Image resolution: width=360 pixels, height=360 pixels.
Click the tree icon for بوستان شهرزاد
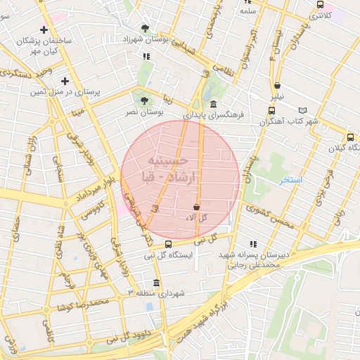tap(145, 28)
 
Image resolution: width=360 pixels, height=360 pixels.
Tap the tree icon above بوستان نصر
tap(145, 100)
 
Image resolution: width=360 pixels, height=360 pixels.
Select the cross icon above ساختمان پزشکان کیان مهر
tap(44, 30)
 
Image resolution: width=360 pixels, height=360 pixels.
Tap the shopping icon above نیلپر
tap(279, 85)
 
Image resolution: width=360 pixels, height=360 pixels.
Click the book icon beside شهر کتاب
tap(303, 110)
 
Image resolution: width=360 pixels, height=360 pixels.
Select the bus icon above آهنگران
tap(271, 110)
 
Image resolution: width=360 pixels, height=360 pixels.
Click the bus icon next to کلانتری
tap(320, 5)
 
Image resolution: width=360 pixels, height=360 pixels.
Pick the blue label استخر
tap(290, 180)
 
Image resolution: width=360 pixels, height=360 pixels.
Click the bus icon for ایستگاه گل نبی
tap(167, 244)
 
